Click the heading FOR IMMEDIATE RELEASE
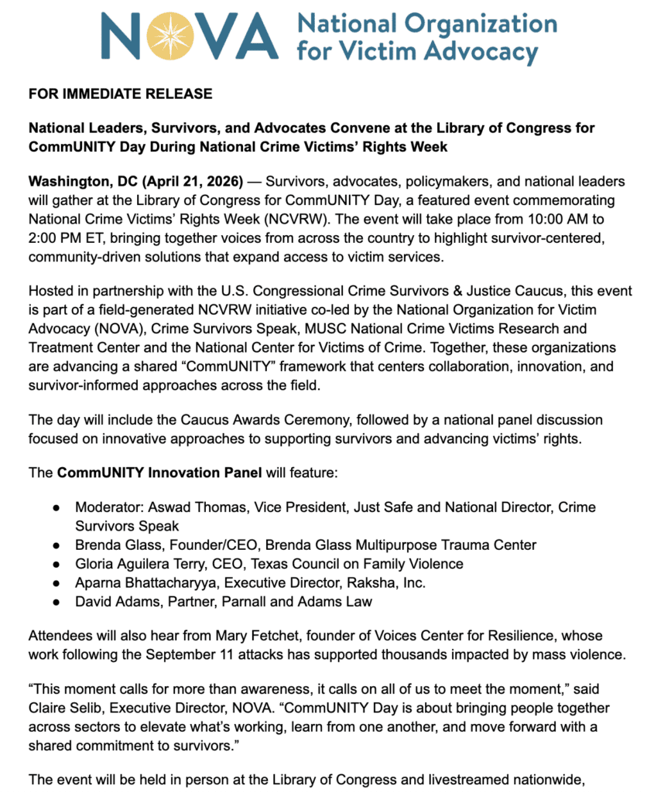tap(120, 94)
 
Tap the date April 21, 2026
tap(197, 182)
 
